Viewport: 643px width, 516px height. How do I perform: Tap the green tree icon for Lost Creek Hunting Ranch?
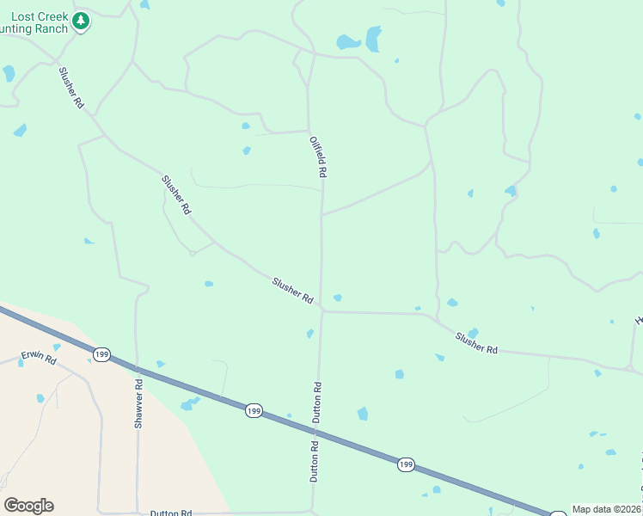click(x=81, y=21)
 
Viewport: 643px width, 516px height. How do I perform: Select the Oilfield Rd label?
click(x=318, y=155)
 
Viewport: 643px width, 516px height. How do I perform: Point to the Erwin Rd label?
click(x=38, y=358)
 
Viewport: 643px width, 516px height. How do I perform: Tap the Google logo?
click(x=28, y=506)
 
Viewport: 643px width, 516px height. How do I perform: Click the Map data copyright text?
click(x=607, y=509)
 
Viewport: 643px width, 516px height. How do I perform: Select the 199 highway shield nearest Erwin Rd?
click(x=101, y=354)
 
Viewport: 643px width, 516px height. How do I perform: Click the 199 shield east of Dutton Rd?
click(x=406, y=464)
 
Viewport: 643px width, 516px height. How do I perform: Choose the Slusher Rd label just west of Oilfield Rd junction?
click(x=292, y=290)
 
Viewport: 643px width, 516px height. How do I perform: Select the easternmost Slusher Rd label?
click(x=476, y=343)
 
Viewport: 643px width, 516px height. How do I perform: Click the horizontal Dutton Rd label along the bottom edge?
click(x=170, y=513)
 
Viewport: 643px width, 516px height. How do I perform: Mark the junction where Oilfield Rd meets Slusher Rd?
click(x=321, y=310)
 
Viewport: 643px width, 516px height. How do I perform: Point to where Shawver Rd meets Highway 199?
click(x=137, y=367)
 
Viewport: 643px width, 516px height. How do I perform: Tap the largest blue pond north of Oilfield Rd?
click(x=373, y=39)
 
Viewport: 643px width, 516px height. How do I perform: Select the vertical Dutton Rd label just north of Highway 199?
click(x=317, y=401)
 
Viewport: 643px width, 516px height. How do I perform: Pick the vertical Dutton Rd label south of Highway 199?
click(x=315, y=461)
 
